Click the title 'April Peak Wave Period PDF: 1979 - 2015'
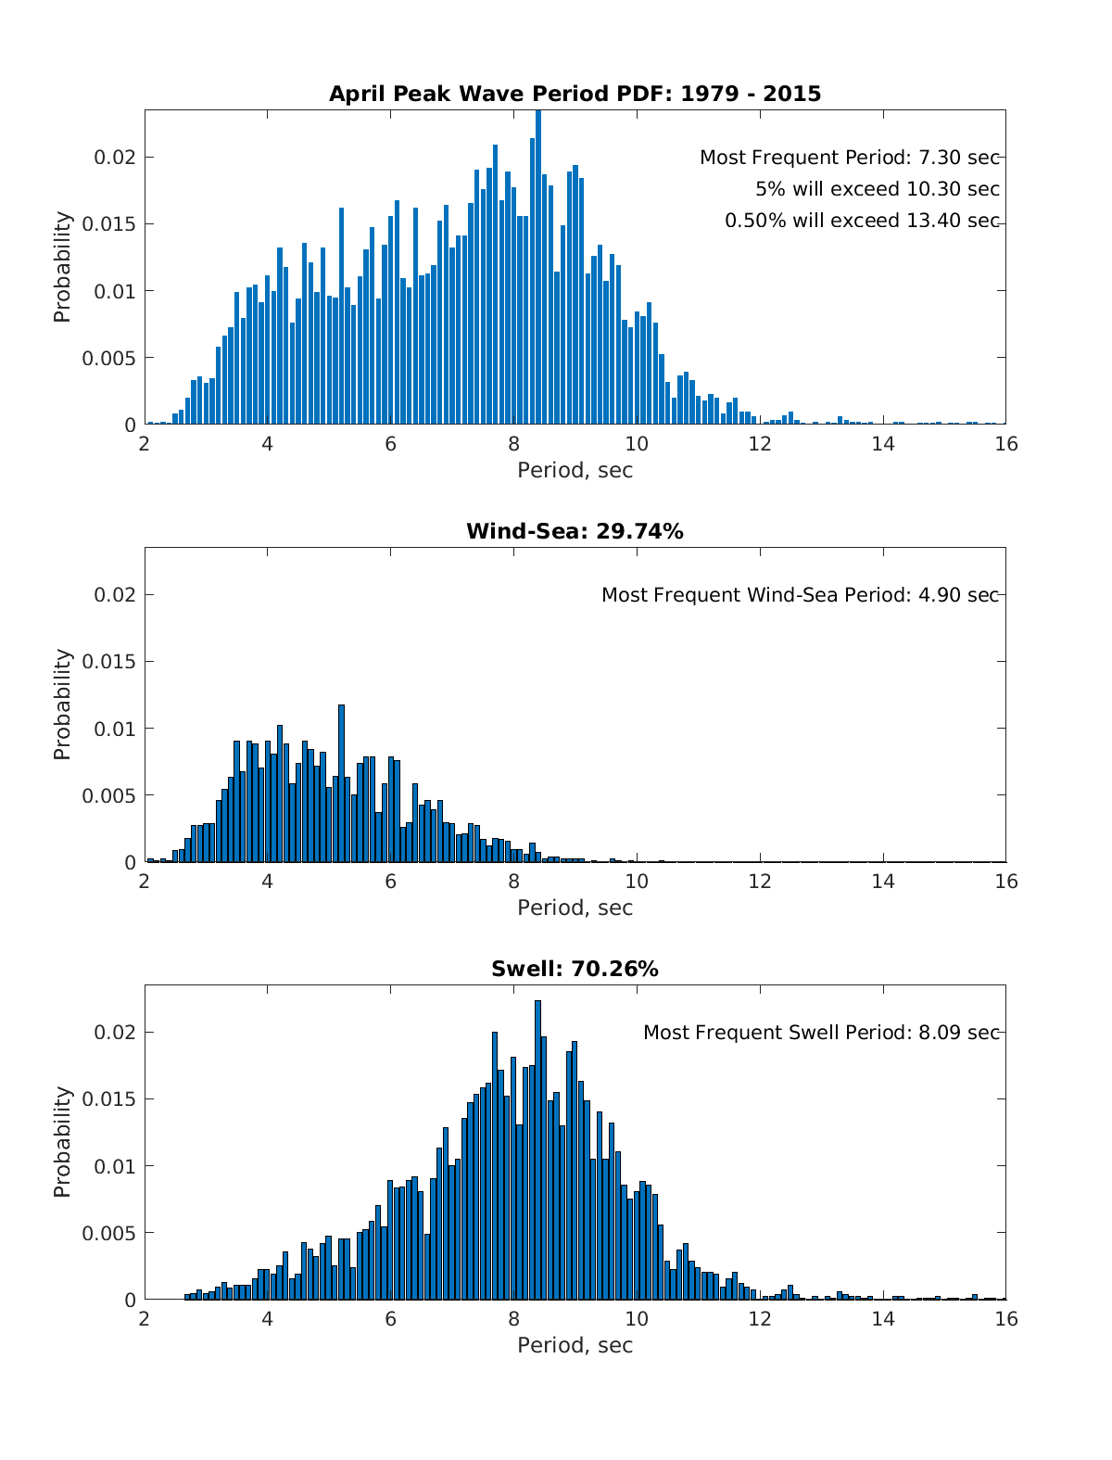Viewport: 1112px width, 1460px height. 575,94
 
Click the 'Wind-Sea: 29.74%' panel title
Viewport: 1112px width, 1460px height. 575,531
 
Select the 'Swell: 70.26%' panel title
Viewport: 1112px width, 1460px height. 575,969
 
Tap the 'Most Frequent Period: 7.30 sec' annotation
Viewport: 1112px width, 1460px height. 849,158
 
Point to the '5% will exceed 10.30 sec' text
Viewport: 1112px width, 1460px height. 877,189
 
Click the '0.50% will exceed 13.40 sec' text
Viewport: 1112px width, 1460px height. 862,221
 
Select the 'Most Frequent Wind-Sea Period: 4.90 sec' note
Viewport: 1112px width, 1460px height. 800,595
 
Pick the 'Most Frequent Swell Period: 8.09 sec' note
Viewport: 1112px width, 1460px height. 821,1033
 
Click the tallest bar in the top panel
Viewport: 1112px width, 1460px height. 538,269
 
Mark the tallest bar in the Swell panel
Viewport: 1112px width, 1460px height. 537,1149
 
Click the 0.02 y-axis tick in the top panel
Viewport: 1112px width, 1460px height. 115,158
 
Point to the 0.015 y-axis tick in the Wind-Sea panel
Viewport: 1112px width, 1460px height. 108,662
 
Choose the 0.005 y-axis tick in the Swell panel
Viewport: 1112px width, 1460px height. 108,1233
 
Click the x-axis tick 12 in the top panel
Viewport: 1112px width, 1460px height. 760,444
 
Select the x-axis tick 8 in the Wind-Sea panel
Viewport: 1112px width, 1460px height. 513,882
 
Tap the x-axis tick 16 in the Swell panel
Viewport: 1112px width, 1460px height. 1005,1319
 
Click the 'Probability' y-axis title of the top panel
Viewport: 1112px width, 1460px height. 62,267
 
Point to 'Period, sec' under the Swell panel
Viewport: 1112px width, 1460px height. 575,1345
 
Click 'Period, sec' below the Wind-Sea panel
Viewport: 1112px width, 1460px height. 575,908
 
